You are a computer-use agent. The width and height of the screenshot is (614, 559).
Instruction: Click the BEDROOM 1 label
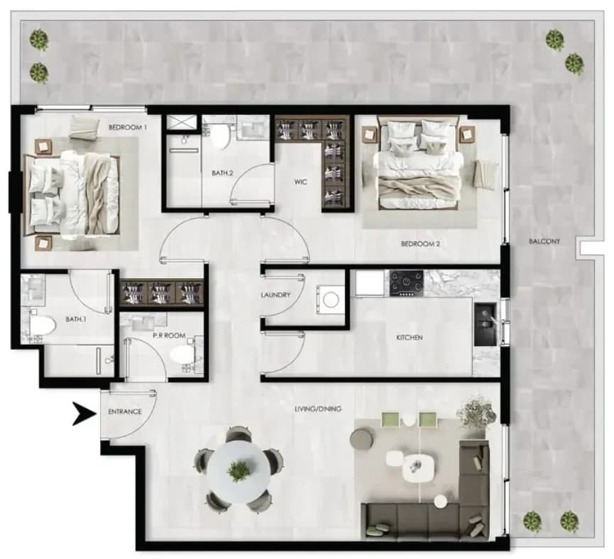point(128,127)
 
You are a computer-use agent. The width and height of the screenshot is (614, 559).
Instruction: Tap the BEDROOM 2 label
point(420,244)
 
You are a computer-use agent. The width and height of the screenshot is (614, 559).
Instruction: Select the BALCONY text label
point(544,241)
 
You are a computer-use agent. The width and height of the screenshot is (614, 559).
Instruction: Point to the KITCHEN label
point(410,337)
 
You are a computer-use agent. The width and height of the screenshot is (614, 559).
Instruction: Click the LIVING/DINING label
point(318,409)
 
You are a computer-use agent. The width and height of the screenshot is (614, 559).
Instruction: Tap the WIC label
point(301,182)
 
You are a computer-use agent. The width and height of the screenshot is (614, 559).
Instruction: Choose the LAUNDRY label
point(275,295)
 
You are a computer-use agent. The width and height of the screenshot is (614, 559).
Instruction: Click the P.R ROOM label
point(169,336)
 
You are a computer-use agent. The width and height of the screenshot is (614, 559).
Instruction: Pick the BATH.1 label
point(76,319)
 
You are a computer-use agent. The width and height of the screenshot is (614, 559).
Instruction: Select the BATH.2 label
point(222,172)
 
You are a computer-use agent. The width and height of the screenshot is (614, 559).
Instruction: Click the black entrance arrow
point(84,414)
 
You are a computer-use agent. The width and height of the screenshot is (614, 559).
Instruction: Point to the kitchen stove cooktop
point(407,284)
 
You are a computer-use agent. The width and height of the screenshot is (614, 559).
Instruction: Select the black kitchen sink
point(486,324)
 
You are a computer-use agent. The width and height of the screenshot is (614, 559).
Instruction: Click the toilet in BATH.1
point(40,326)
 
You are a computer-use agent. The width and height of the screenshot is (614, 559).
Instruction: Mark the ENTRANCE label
point(124,412)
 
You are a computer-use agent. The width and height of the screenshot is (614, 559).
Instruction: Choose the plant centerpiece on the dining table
point(239,471)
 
